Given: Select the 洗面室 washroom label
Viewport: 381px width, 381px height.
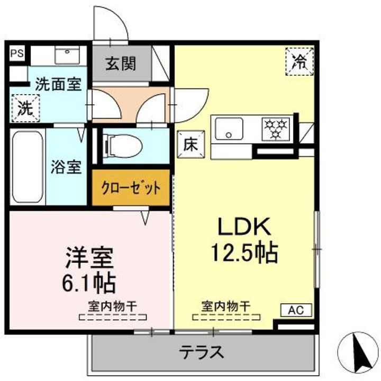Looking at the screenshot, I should point(58,85).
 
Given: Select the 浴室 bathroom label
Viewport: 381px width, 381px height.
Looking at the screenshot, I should point(66,167).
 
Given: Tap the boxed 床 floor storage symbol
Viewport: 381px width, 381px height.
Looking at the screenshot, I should point(190,143).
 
